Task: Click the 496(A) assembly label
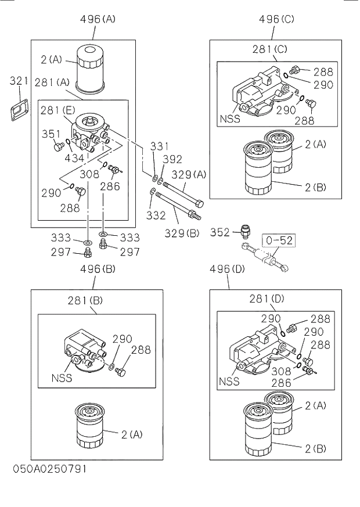(x=98, y=19)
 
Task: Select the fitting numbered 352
(x=246, y=232)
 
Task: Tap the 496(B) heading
(x=98, y=269)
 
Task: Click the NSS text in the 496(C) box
(x=230, y=120)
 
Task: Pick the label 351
(x=51, y=134)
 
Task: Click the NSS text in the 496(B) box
(x=62, y=377)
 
